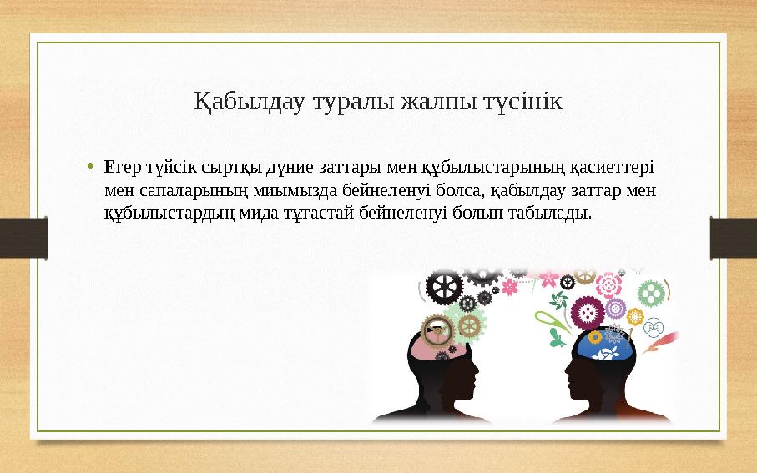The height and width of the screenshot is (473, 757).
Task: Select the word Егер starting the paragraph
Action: [x=122, y=166]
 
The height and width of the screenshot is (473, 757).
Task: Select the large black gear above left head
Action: [x=444, y=288]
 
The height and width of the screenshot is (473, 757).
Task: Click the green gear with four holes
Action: [x=650, y=293]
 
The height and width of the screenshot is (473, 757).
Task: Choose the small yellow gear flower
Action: [x=635, y=318]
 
